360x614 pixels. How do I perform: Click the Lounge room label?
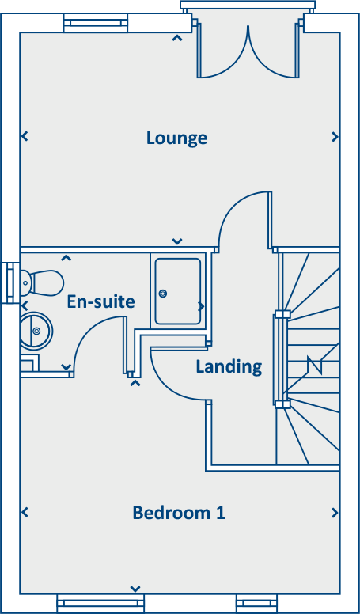(176, 138)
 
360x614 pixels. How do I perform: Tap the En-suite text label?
(100, 301)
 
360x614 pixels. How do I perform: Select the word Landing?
(229, 366)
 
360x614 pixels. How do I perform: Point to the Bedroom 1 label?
(179, 513)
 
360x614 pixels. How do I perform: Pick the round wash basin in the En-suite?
(36, 330)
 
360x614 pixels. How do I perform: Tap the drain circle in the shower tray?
(164, 294)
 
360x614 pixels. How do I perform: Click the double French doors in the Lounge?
(247, 51)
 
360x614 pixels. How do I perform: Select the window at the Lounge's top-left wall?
(95, 23)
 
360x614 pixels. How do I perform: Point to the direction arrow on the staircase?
(316, 366)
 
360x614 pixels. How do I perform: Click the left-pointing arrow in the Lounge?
(25, 137)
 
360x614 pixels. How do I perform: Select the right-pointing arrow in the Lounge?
(335, 137)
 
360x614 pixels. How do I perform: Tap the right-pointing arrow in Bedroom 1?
(335, 513)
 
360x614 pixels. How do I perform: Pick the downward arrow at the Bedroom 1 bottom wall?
(135, 589)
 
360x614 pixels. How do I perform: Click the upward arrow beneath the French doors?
(177, 37)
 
